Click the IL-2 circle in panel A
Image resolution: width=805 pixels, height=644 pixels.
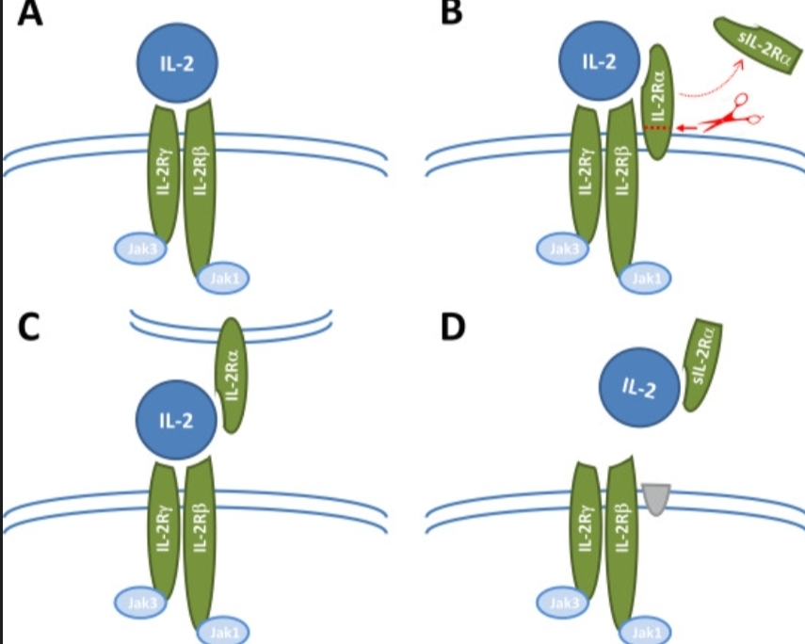click(x=177, y=65)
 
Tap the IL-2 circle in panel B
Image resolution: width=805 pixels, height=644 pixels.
click(x=600, y=63)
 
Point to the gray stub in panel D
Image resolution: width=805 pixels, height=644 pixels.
click(x=657, y=498)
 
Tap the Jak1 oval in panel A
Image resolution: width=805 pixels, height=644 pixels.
click(x=221, y=279)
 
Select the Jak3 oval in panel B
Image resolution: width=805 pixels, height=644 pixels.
click(x=560, y=249)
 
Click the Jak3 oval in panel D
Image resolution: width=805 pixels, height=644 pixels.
click(x=560, y=600)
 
